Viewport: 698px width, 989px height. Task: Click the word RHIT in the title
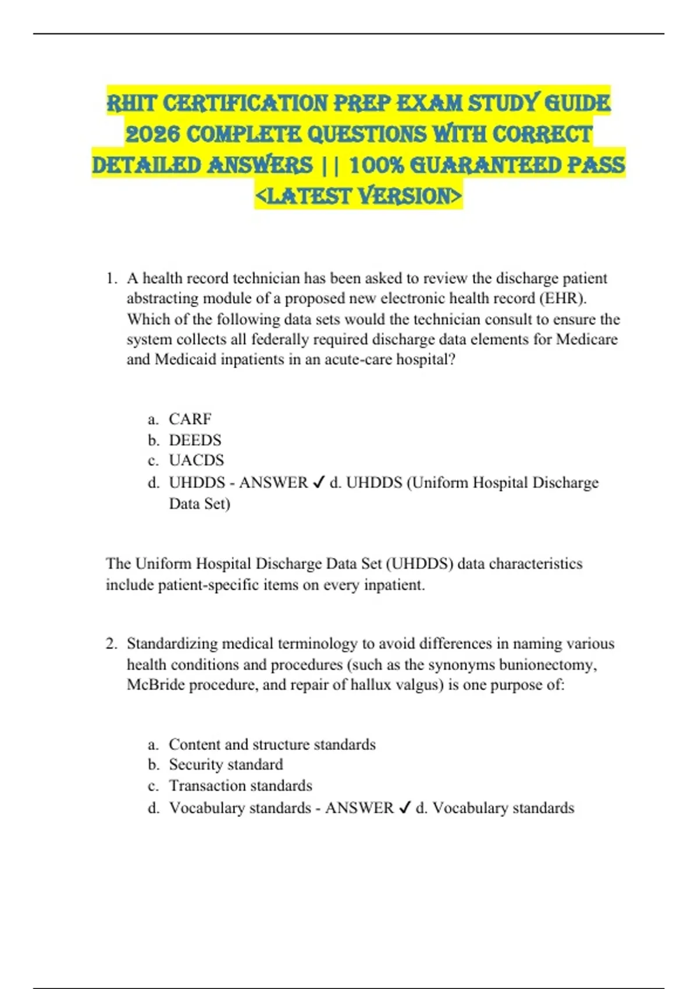tap(132, 104)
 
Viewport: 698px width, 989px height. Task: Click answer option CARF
tap(190, 419)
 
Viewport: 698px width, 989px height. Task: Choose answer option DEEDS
tap(195, 440)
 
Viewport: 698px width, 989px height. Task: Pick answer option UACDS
tap(196, 460)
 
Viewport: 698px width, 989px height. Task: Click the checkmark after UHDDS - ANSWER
tap(318, 482)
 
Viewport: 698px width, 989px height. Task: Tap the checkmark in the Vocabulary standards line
tap(405, 807)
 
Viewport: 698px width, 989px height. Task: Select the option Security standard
tap(226, 764)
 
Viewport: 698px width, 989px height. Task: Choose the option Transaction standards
tap(240, 785)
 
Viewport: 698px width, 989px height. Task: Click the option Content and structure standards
tap(272, 744)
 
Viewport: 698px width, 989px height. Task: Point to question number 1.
tap(112, 279)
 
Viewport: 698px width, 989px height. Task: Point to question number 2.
tap(112, 643)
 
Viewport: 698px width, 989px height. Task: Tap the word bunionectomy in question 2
tap(547, 664)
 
